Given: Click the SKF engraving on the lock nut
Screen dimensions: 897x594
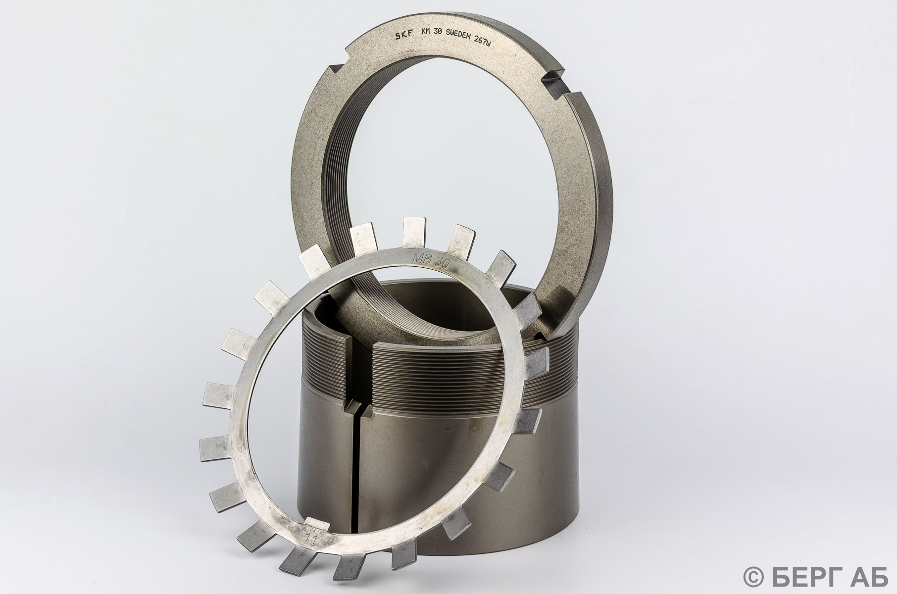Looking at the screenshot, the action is pos(405,36).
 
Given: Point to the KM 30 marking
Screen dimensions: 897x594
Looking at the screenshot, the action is pos(430,35).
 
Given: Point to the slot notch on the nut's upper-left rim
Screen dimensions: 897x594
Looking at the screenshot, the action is pos(340,72).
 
